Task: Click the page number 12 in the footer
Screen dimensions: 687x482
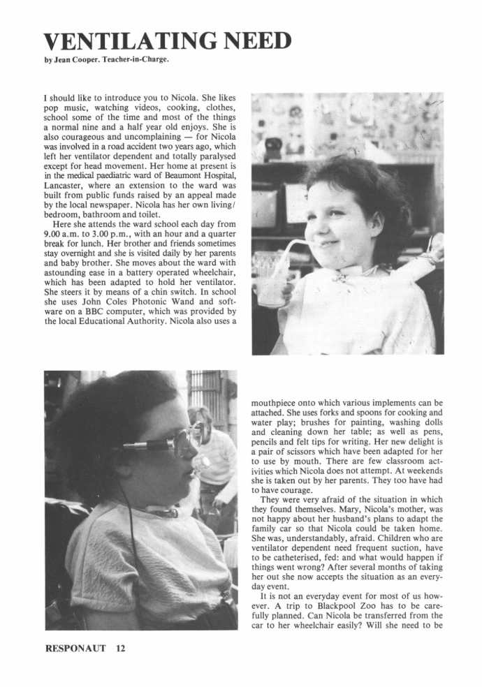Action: [120, 649]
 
